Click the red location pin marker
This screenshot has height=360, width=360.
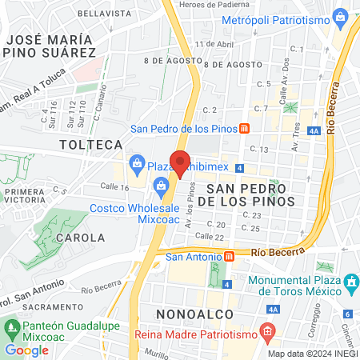pos(180,162)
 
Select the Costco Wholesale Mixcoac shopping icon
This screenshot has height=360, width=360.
pos(162,188)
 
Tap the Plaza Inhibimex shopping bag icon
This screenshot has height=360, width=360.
pos(138,166)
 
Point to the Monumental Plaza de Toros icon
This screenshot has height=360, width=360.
pos(350,282)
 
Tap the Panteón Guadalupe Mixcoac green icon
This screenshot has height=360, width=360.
pos(13,327)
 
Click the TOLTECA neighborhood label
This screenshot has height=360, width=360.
pos(91,145)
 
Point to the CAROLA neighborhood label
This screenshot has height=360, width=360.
pos(81,238)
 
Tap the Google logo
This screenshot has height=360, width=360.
pos(26,350)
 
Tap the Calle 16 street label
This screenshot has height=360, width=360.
pos(114,186)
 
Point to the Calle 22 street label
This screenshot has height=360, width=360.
pos(208,237)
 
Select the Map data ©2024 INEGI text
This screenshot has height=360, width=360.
pos(312,354)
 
